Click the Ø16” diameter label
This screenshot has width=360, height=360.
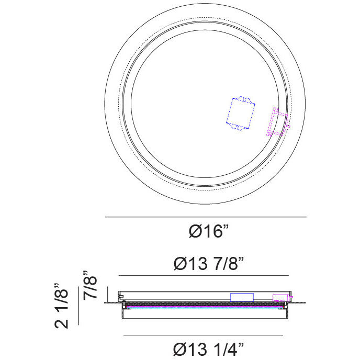(208, 231)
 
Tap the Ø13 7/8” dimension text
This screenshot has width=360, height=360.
(208, 263)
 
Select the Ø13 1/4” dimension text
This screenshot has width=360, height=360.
(208, 349)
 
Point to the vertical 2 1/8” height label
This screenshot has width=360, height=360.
(61, 306)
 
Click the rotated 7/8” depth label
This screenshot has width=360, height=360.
(90, 285)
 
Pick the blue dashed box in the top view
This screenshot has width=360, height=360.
(241, 114)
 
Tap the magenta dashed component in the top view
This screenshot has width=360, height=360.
(278, 122)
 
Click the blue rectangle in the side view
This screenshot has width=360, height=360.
(242, 297)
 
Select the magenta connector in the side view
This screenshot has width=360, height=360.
(282, 298)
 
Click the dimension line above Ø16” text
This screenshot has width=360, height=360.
(206, 217)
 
